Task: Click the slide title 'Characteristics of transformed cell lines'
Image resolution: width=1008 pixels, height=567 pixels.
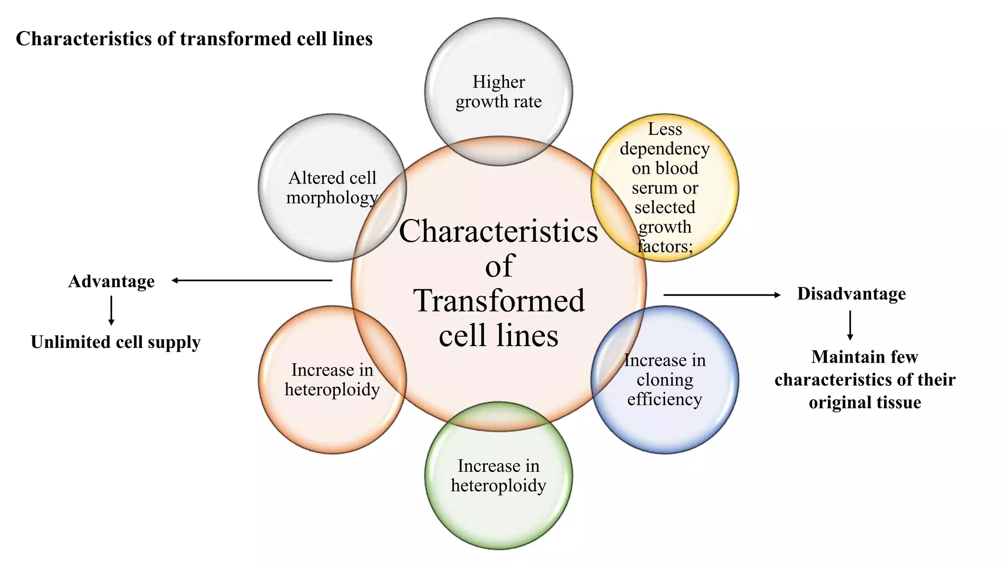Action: [194, 39]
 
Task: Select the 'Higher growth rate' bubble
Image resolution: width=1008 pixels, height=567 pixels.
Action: [498, 92]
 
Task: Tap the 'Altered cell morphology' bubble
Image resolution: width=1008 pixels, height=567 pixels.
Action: [332, 188]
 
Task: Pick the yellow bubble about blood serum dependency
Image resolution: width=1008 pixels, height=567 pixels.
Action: [664, 188]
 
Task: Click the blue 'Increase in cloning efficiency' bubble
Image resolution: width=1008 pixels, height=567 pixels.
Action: [664, 379]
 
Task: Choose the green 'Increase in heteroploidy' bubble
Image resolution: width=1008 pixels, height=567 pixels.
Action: [498, 475]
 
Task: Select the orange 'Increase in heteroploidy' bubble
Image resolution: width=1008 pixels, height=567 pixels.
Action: [332, 379]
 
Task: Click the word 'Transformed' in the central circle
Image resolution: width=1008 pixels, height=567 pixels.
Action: [499, 301]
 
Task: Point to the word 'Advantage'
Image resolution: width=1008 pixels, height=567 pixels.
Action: [111, 282]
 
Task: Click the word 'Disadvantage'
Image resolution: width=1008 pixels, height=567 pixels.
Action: [851, 294]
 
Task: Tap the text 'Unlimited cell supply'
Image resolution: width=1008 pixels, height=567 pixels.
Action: [116, 342]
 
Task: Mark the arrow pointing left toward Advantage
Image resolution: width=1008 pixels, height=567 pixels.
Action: [252, 281]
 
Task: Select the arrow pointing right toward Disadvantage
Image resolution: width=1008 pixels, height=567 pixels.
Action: [722, 295]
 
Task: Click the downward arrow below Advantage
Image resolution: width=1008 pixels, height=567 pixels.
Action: [111, 311]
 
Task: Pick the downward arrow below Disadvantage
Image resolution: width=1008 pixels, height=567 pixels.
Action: [850, 325]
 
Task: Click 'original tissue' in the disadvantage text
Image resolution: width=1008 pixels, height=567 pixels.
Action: [865, 403]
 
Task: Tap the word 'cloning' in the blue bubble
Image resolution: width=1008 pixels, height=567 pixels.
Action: [664, 380]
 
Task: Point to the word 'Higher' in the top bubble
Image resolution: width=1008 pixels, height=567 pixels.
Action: [499, 82]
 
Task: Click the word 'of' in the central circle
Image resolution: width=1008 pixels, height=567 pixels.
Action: [499, 266]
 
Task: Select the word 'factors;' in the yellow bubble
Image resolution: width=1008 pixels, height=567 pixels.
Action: [664, 246]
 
